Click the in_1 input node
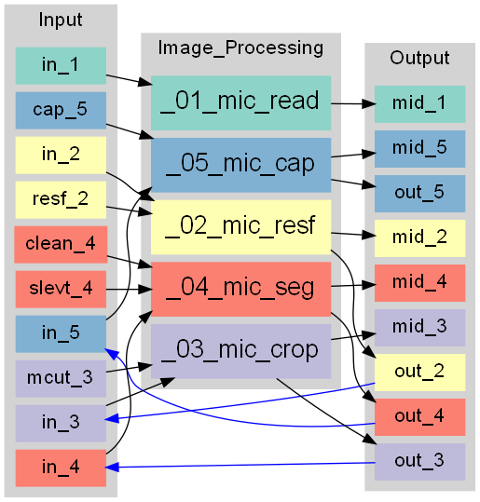(61, 66)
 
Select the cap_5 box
(61, 111)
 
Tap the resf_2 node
(61, 200)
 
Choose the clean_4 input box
(61, 245)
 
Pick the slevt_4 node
(61, 290)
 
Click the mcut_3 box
(61, 379)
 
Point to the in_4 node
(61, 468)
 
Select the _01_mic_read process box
(241, 103)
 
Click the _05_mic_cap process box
(241, 165)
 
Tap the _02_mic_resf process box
(241, 227)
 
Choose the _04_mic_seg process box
(241, 290)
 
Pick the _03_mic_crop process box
(241, 351)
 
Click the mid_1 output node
(419, 104)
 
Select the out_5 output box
(419, 194)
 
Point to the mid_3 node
(419, 328)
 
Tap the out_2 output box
(419, 373)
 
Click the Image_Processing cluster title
(241, 48)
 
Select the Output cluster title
(419, 58)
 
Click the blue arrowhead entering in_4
(112, 468)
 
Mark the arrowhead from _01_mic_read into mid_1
(368, 104)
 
